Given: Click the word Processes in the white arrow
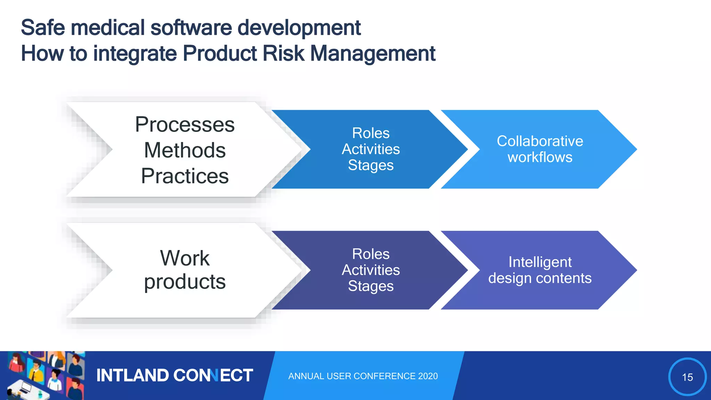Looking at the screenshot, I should [x=185, y=125].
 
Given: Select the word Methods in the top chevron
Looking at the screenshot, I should [x=185, y=150].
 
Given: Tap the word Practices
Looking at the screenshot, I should [x=185, y=176].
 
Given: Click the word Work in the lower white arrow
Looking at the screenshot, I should [x=185, y=258].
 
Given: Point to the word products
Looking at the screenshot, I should [x=185, y=282].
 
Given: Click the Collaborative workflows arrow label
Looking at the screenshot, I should [x=540, y=149].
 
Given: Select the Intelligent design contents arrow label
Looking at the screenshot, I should [x=540, y=270].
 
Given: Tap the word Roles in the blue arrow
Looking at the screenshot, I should [x=371, y=133].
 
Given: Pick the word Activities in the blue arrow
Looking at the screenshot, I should [x=371, y=149].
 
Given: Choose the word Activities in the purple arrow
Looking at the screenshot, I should [x=371, y=270].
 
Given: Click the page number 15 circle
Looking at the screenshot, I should [x=687, y=377].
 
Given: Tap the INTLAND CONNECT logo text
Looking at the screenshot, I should [x=174, y=376].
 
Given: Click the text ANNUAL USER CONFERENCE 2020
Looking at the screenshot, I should [x=363, y=376].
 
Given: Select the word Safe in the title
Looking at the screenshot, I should [x=43, y=28].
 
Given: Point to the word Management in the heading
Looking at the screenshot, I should [x=373, y=54].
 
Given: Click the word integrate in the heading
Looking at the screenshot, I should [x=135, y=54].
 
